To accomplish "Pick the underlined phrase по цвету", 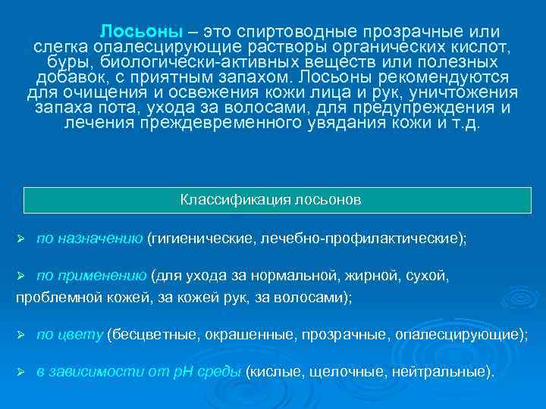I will point(69,335).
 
